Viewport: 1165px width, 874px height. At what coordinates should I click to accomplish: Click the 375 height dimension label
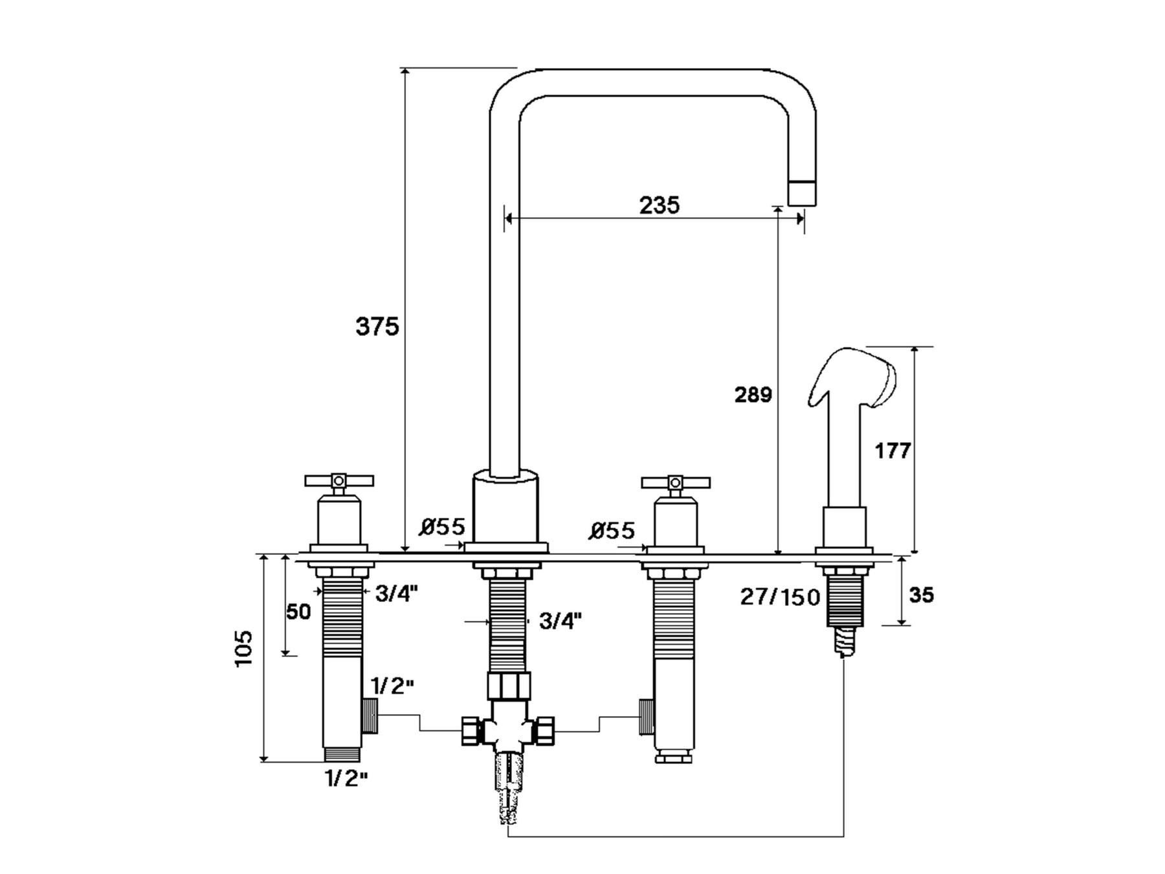point(377,327)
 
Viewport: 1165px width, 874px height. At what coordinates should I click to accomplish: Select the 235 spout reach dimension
point(660,205)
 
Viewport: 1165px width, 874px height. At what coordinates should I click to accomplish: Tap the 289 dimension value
point(753,394)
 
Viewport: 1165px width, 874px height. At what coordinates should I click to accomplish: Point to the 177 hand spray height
point(893,451)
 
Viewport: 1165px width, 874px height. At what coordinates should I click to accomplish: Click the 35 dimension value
point(921,594)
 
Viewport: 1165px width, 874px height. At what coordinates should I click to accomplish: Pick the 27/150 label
point(780,597)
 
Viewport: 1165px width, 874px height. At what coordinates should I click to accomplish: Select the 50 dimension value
point(298,611)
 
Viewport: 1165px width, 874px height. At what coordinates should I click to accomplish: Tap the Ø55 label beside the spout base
point(441,527)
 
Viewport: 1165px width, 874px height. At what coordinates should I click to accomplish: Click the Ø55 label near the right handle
point(612,531)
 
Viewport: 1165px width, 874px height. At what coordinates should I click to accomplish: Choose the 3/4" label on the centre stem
point(560,622)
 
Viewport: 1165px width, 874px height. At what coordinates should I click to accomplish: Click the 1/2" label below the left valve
point(346,778)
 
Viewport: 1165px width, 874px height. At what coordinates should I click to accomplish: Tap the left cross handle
point(339,481)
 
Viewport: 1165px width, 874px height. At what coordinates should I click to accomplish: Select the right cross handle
point(676,482)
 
